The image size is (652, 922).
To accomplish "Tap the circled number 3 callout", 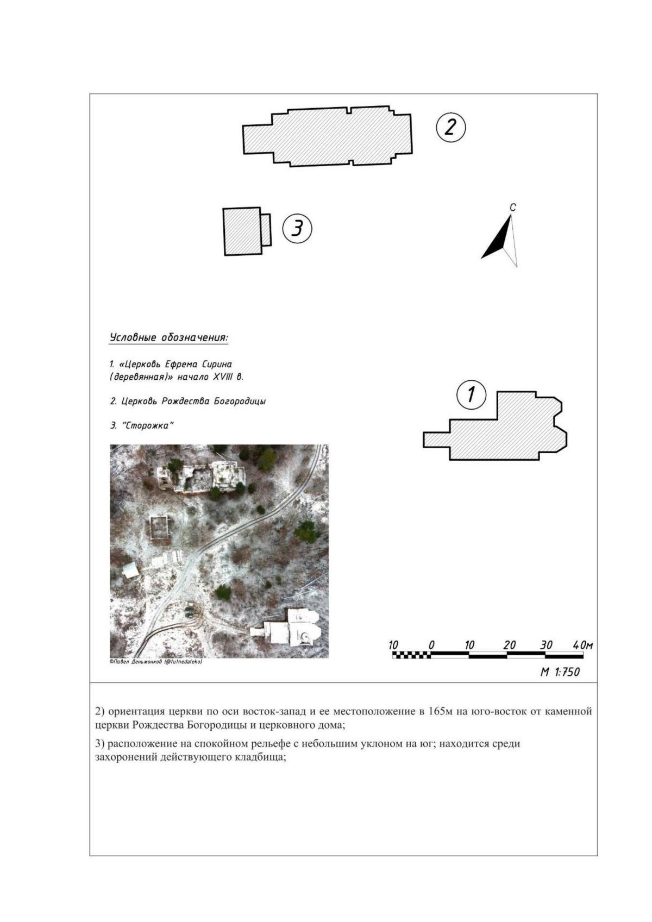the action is (297, 228).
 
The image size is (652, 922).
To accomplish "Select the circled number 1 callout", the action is (471, 395).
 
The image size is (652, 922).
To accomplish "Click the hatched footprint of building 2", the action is (328, 137).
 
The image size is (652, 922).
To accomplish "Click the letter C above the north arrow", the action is (512, 208).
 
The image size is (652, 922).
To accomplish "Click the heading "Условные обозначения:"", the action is (169, 338).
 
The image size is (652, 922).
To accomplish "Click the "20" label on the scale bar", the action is (509, 645).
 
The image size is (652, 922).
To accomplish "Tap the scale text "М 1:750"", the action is (560, 672).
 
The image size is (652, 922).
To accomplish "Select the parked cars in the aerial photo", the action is (190, 612).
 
